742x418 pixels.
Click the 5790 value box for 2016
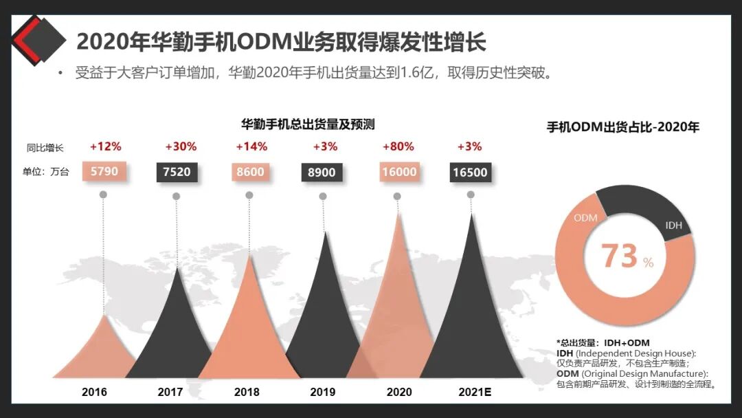click(x=104, y=171)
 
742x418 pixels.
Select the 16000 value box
click(x=399, y=172)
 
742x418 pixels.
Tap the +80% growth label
click(x=398, y=146)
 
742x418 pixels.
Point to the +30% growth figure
click(x=181, y=146)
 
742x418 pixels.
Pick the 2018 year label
click(x=247, y=392)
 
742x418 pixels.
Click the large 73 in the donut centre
click(x=620, y=256)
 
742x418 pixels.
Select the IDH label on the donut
click(x=674, y=225)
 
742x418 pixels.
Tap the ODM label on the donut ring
click(x=585, y=218)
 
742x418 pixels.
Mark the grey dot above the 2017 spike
click(x=176, y=196)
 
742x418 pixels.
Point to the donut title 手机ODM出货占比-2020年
click(x=622, y=127)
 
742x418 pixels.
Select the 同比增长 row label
click(x=45, y=147)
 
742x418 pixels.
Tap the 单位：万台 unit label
click(x=45, y=172)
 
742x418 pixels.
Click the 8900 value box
click(x=322, y=172)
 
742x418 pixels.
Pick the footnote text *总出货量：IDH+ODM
click(x=603, y=342)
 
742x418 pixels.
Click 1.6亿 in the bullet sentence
click(x=420, y=73)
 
